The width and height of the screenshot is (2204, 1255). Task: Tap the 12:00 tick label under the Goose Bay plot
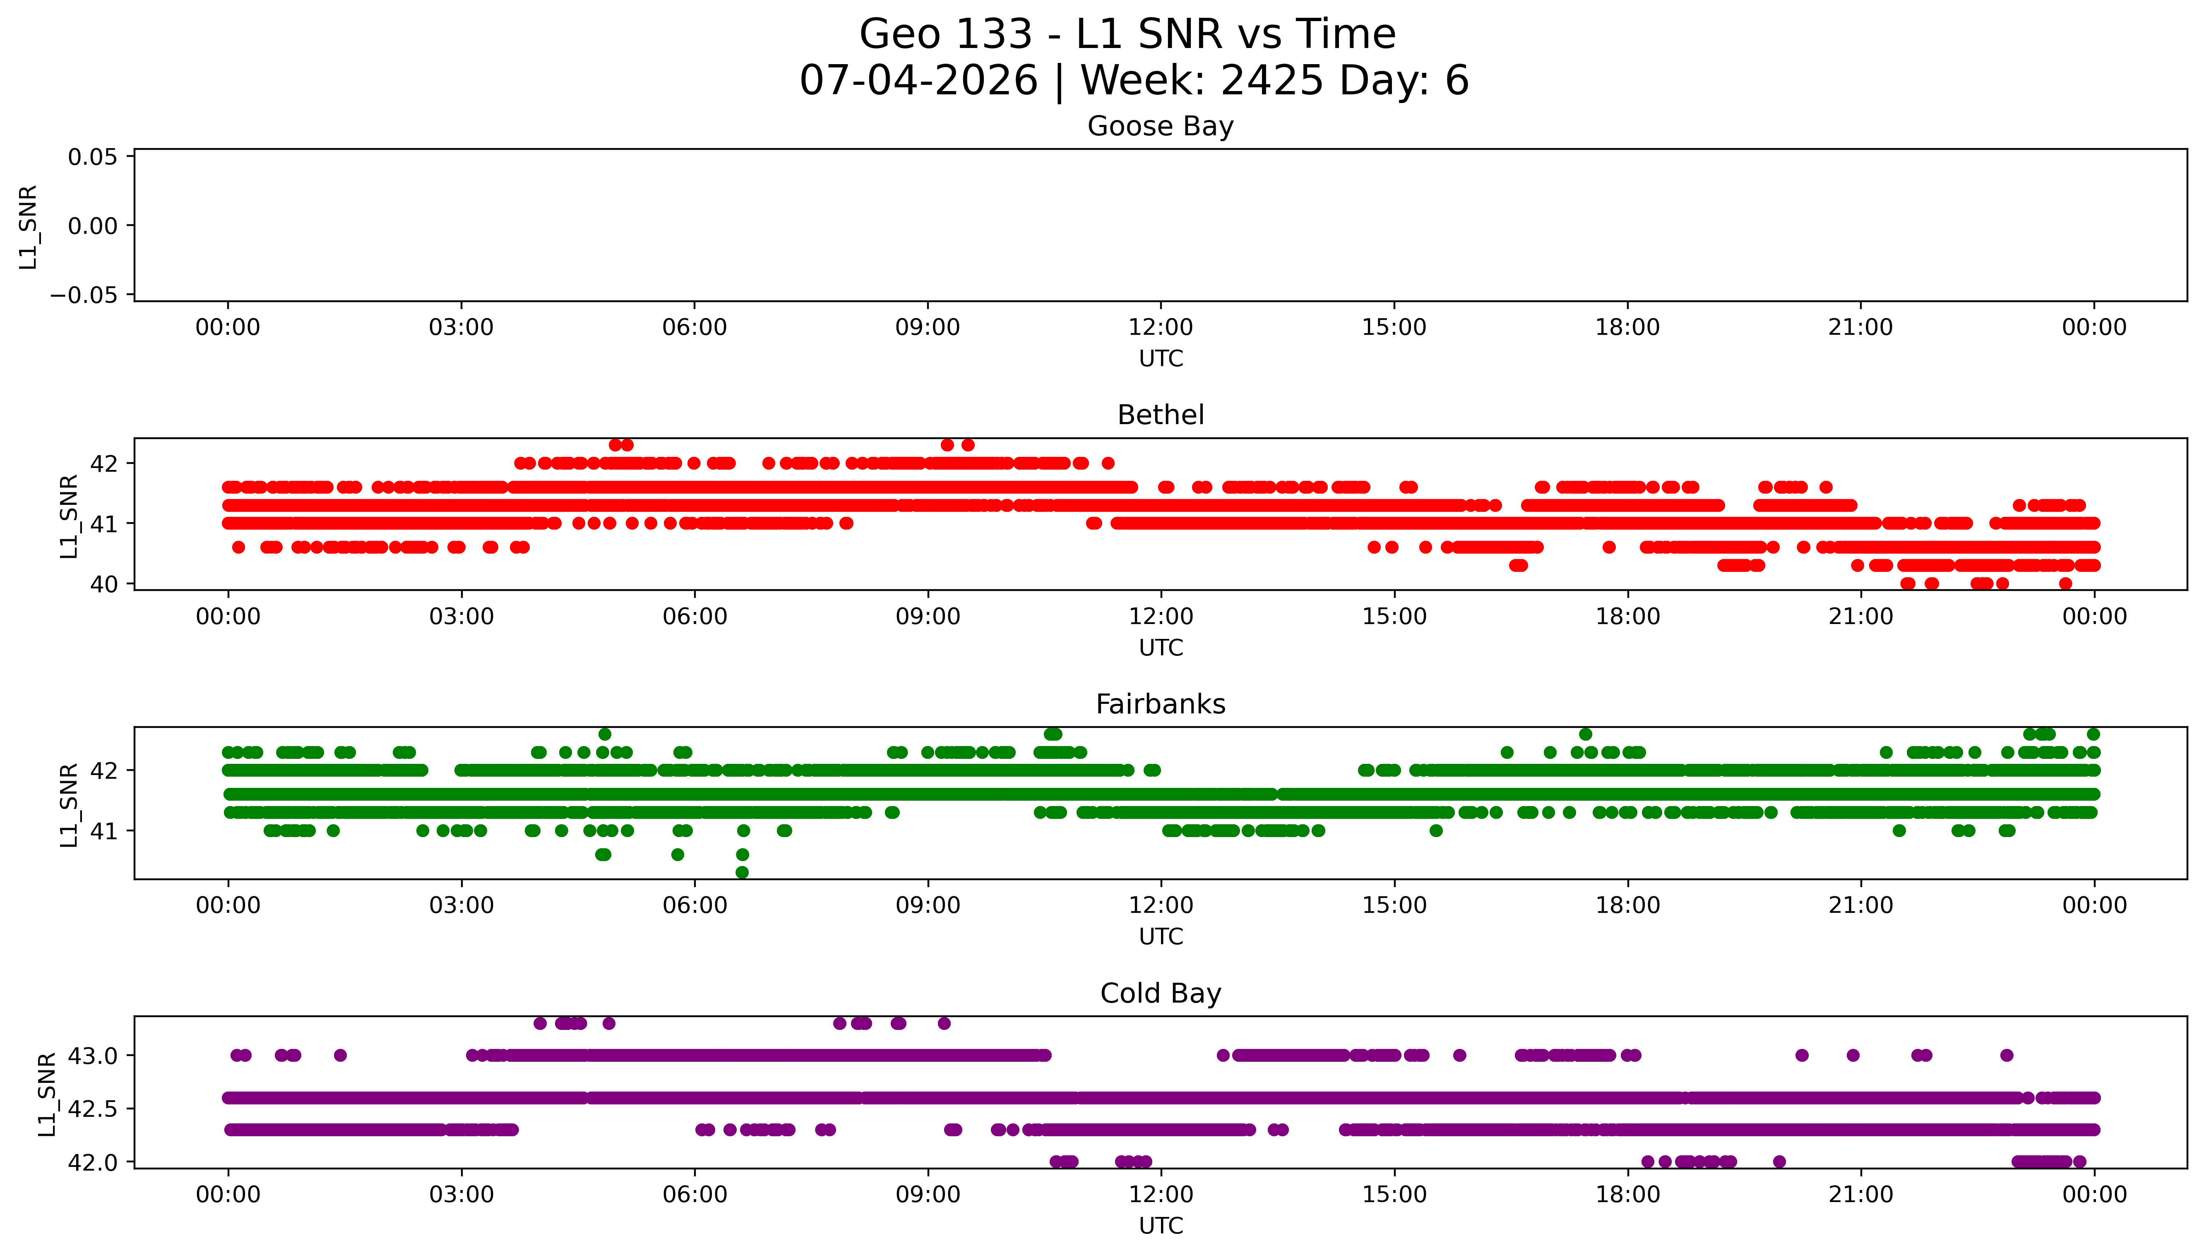[1160, 328]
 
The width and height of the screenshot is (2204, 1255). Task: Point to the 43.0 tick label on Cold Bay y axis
[93, 1056]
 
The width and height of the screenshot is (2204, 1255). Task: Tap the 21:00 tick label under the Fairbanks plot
[1861, 906]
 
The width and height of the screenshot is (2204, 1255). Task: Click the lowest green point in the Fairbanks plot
[742, 872]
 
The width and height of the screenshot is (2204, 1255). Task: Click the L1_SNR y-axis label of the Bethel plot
[69, 516]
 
